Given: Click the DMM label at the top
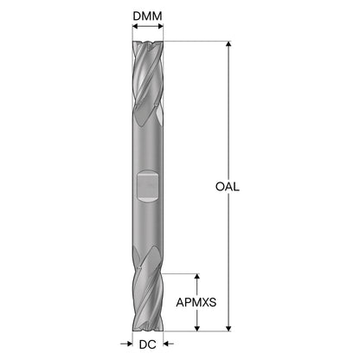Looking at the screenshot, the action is click(x=147, y=16).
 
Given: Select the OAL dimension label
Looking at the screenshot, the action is click(x=228, y=187).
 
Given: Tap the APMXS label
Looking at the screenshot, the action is click(x=196, y=302).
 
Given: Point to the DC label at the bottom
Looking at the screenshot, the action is click(x=147, y=344).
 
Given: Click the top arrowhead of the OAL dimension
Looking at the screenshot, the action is click(x=228, y=43).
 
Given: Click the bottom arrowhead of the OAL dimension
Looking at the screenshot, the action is click(x=228, y=329).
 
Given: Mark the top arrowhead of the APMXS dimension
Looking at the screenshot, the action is click(x=197, y=276).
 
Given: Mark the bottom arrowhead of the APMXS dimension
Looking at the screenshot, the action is click(x=197, y=329).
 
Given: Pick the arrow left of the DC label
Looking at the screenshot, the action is click(x=126, y=344).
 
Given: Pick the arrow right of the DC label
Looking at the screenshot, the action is click(x=169, y=344).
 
